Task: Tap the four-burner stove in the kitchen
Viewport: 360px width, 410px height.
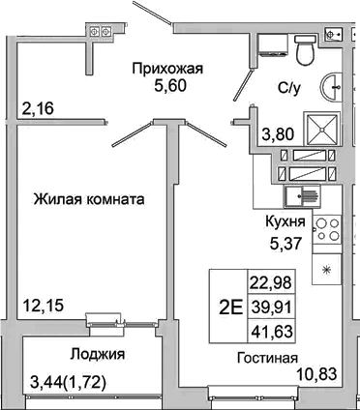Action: click(x=328, y=233)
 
